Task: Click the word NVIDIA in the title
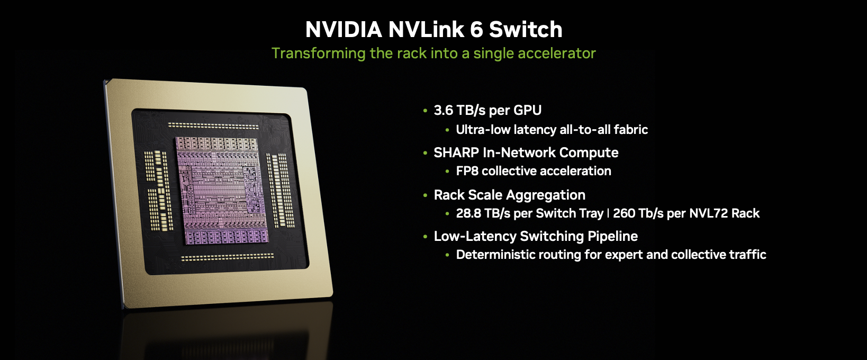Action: [x=344, y=30]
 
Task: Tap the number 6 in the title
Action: [x=477, y=30]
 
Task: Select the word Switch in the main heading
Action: [x=526, y=30]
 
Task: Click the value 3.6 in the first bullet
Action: [x=443, y=110]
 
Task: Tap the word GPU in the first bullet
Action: [x=527, y=110]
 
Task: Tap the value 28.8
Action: [x=467, y=213]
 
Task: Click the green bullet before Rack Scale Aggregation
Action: [x=426, y=195]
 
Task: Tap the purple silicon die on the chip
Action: [x=221, y=191]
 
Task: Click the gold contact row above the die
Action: [x=213, y=126]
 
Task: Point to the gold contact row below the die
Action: [x=228, y=257]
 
